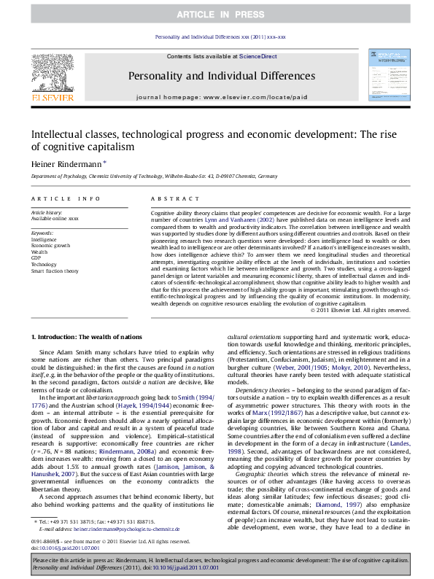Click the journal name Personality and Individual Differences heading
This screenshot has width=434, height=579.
pyautogui.click(x=221, y=76)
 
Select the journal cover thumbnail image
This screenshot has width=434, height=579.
pyautogui.click(x=388, y=74)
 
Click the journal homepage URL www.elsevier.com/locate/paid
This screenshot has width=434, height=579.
pyautogui.click(x=255, y=96)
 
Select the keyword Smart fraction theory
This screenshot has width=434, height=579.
pyautogui.click(x=55, y=271)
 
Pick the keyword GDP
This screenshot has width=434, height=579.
pyautogui.click(x=36, y=257)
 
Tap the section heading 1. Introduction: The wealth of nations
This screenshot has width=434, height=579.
pyautogui.click(x=86, y=337)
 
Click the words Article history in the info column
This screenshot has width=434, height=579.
pyautogui.click(x=46, y=211)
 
